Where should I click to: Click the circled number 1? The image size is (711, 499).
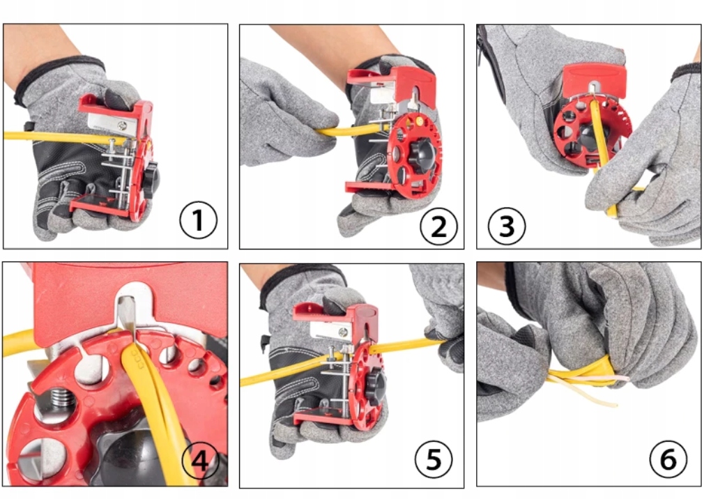(x=198, y=220)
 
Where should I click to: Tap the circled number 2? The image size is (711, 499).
(x=438, y=227)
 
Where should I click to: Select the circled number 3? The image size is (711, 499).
(x=507, y=226)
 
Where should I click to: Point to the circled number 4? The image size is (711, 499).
(x=200, y=461)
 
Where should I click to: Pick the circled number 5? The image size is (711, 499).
(x=434, y=459)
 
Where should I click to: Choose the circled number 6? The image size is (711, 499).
(x=668, y=459)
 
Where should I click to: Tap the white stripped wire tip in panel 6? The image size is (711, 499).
(x=622, y=378)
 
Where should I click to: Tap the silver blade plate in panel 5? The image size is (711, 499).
(x=331, y=330)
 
